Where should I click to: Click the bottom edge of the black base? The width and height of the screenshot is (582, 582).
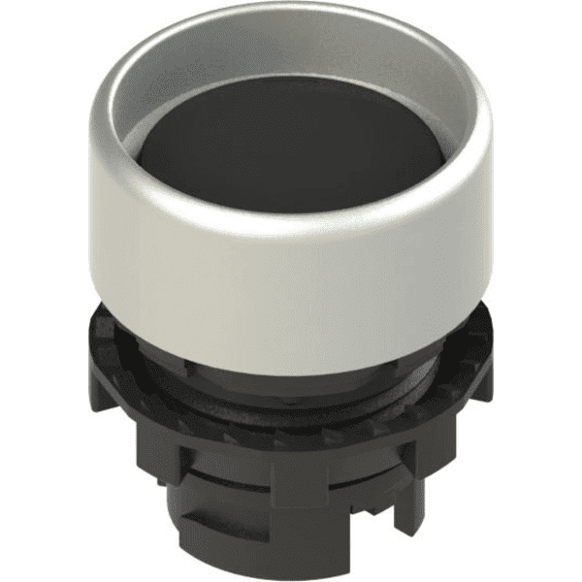291,572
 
